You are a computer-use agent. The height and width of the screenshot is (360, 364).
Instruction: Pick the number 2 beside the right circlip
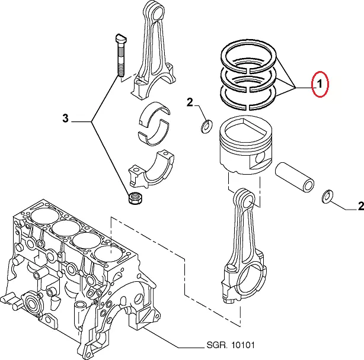tap(360, 207)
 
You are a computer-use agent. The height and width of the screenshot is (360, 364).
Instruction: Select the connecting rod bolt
tap(119, 56)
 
